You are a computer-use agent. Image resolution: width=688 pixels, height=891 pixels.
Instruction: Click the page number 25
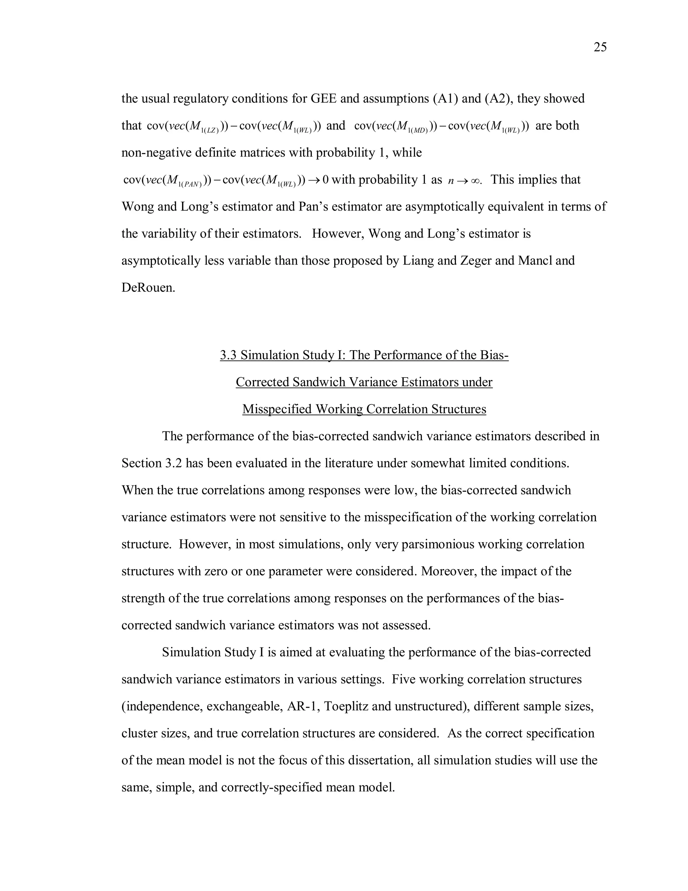[x=600, y=47]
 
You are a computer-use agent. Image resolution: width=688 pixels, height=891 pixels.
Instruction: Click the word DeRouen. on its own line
[x=148, y=287]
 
